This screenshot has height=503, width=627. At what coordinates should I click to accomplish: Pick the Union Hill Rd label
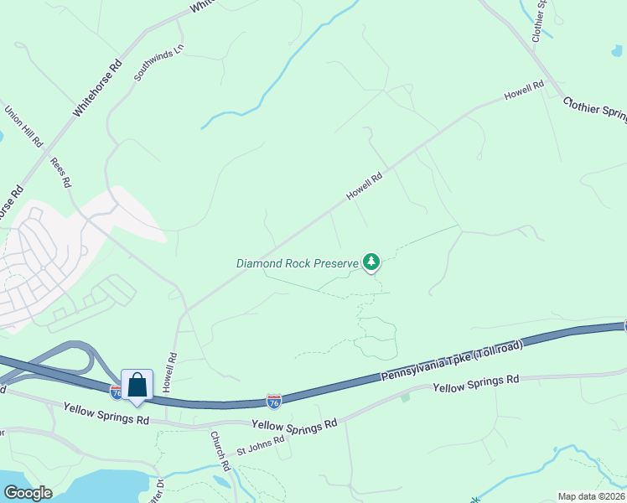click(23, 126)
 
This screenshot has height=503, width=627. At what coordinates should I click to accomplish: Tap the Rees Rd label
click(61, 171)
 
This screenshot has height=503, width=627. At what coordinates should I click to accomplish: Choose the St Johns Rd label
click(261, 444)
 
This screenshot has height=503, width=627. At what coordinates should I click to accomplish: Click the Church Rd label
click(220, 451)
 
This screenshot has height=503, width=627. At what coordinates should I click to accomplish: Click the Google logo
click(28, 493)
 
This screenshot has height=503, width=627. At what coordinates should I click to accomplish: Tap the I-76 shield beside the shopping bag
click(117, 392)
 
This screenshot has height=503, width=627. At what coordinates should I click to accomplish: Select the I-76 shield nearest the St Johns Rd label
click(273, 402)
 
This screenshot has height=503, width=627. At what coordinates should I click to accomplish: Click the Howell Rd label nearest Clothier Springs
click(525, 91)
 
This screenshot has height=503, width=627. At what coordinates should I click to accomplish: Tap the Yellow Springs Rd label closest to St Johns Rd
click(293, 426)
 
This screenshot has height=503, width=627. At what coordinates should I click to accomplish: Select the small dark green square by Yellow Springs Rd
click(405, 397)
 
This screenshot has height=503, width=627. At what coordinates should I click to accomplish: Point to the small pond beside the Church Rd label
click(221, 481)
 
